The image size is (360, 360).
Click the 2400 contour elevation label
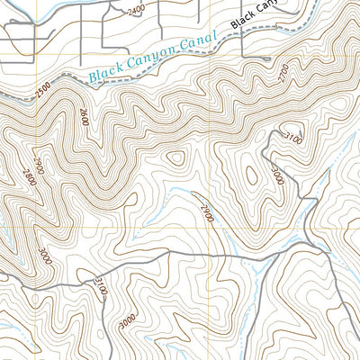pyautogui.click(x=135, y=10)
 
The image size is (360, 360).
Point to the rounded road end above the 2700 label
pyautogui.click(x=267, y=58)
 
